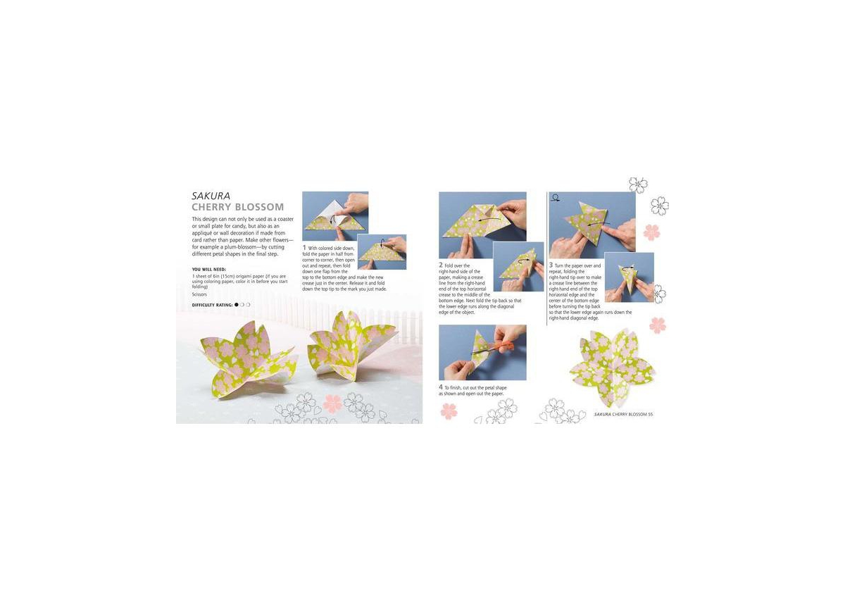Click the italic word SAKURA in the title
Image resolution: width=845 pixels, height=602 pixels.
coord(211,196)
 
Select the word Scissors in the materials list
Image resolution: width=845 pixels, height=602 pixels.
coord(199,294)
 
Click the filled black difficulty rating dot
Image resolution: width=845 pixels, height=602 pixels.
coord(237,305)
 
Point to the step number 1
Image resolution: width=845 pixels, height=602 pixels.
coord(304,248)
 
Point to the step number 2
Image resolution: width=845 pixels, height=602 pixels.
coord(441,265)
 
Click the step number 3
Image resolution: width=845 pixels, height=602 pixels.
coord(551,265)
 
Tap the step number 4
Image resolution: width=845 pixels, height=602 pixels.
coord(441,387)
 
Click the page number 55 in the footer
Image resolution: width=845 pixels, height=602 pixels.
coord(651,414)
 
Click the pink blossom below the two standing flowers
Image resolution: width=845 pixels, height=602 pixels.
coord(332,403)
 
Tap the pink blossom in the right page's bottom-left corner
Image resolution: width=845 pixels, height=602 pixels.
coord(449,411)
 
